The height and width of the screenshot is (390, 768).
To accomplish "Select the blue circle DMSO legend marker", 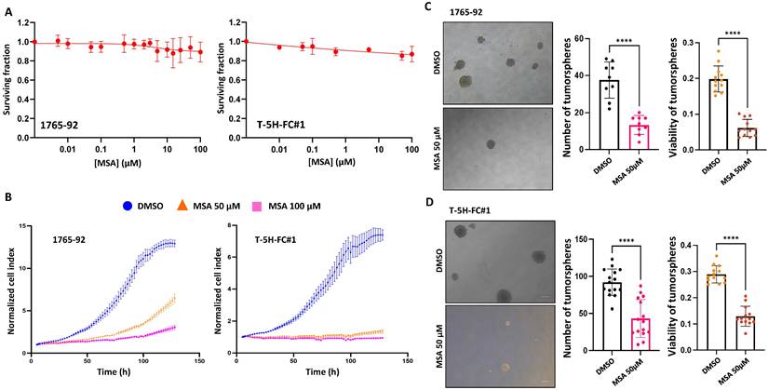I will pos(132,204).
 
